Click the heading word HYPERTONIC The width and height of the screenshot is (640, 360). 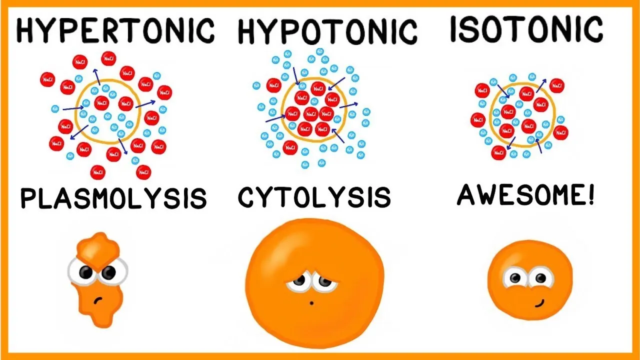pos(115,31)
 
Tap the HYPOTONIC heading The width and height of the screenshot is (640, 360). pos(327,32)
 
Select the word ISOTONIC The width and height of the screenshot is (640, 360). pos(526,29)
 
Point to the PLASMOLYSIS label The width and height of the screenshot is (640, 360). pos(113,198)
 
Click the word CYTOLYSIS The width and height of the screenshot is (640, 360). pos(314,197)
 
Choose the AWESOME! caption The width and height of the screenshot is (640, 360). pos(526,195)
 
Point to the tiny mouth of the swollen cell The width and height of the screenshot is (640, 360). pos(311,302)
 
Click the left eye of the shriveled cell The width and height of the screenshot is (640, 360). pos(85,272)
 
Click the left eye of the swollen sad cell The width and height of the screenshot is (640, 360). pos(299,283)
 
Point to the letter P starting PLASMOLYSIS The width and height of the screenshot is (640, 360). pos(28,199)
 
